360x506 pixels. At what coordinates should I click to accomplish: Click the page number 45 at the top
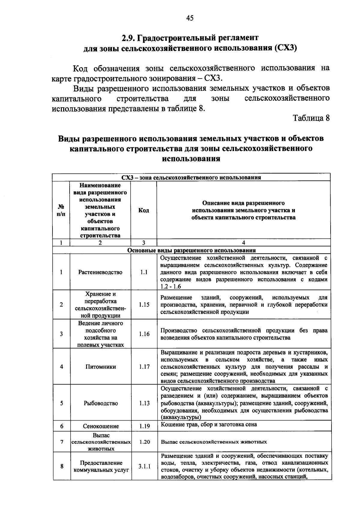(190, 18)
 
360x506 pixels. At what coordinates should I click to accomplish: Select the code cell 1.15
(144, 305)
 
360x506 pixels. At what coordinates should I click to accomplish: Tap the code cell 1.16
(144, 334)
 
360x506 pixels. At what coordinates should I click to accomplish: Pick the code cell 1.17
(144, 367)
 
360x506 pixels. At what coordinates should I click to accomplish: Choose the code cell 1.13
(144, 403)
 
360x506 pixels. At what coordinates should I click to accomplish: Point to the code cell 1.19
(144, 426)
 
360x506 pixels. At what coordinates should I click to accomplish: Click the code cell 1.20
(144, 442)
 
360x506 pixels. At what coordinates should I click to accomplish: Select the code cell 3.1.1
(144, 466)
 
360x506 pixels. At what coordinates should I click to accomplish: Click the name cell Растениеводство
(100, 272)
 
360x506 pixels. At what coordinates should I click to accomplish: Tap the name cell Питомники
(100, 367)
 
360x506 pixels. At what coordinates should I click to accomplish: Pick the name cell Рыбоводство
(100, 403)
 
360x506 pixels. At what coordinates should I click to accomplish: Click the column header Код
(143, 210)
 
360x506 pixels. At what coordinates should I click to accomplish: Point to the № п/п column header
(61, 210)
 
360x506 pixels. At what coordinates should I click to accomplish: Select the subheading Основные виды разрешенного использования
(191, 250)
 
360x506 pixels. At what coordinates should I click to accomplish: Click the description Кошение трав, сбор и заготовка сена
(209, 424)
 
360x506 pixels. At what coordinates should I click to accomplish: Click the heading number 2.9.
(129, 38)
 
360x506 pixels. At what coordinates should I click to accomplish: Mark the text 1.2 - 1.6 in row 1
(170, 287)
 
